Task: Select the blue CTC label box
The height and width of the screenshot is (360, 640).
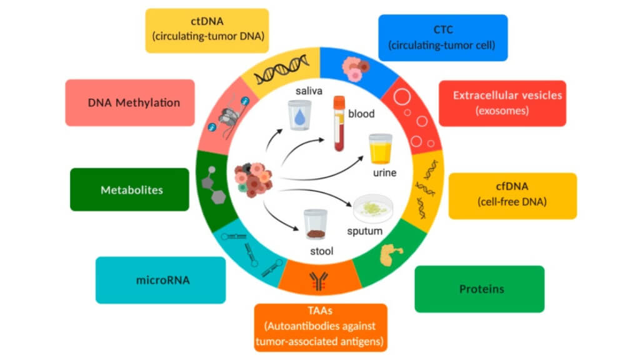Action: tap(442, 37)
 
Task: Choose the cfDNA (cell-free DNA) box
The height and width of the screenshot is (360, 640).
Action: tap(512, 196)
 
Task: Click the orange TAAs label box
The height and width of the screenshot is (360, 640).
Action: tap(321, 327)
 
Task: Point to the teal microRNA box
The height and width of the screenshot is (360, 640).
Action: tap(161, 280)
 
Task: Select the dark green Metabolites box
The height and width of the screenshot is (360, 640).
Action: tap(129, 189)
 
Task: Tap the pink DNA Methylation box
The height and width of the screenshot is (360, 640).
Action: tap(129, 102)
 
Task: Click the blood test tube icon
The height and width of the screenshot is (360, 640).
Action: tap(339, 124)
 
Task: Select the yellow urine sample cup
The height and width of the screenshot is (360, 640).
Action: tap(381, 149)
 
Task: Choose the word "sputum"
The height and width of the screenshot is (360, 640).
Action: tap(364, 231)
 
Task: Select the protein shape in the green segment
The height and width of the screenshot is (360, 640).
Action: tap(392, 253)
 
